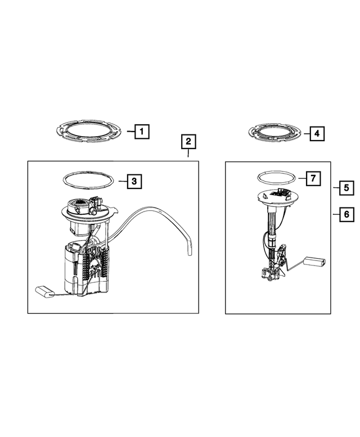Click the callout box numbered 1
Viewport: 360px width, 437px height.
tap(142, 132)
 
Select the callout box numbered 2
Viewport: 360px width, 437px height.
tap(188, 142)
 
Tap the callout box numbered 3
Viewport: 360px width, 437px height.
tap(134, 182)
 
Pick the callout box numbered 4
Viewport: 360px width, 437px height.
tap(317, 133)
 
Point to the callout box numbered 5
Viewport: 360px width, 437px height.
tap(346, 188)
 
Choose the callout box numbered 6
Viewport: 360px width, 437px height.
tap(346, 214)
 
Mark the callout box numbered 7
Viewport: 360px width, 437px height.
tap(313, 178)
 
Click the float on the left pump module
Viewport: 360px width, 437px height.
tap(44, 291)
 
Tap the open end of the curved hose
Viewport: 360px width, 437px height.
tap(189, 254)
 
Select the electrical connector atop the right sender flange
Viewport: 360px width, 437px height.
tap(280, 192)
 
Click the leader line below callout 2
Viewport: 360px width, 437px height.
tap(188, 153)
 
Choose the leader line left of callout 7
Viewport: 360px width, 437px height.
tap(302, 178)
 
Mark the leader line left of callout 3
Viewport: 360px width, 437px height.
tap(123, 182)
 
